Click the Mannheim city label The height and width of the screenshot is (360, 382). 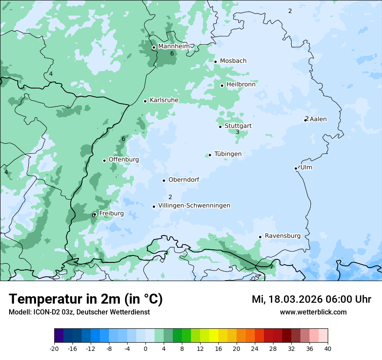174,46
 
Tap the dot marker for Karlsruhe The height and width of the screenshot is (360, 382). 145,101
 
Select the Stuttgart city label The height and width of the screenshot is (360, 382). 238,126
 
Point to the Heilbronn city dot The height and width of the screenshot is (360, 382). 222,85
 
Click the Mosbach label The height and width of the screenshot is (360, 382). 233,61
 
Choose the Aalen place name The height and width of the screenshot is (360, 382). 318,119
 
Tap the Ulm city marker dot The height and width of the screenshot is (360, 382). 296,168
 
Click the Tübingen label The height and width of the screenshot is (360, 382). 228,154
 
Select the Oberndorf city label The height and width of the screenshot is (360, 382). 184,180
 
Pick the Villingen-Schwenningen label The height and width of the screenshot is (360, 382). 194,206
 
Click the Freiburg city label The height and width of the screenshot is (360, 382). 111,213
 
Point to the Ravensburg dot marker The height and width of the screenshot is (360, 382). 260,237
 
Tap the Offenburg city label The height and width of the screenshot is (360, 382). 124,160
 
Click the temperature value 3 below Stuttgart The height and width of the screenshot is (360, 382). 237,132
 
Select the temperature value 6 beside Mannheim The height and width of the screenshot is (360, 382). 172,53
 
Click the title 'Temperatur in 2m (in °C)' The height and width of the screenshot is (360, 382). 86,299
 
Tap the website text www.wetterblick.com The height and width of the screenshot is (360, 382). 313,312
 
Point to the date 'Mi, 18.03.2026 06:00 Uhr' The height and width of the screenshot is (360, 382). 311,299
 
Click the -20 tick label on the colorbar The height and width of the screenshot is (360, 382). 54,348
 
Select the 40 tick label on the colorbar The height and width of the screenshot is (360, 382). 328,348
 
